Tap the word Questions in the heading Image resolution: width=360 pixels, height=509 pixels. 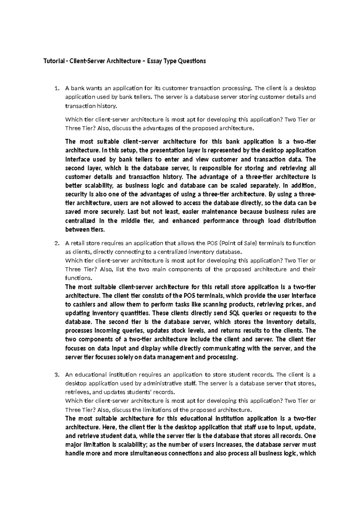pyautogui.click(x=192, y=61)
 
